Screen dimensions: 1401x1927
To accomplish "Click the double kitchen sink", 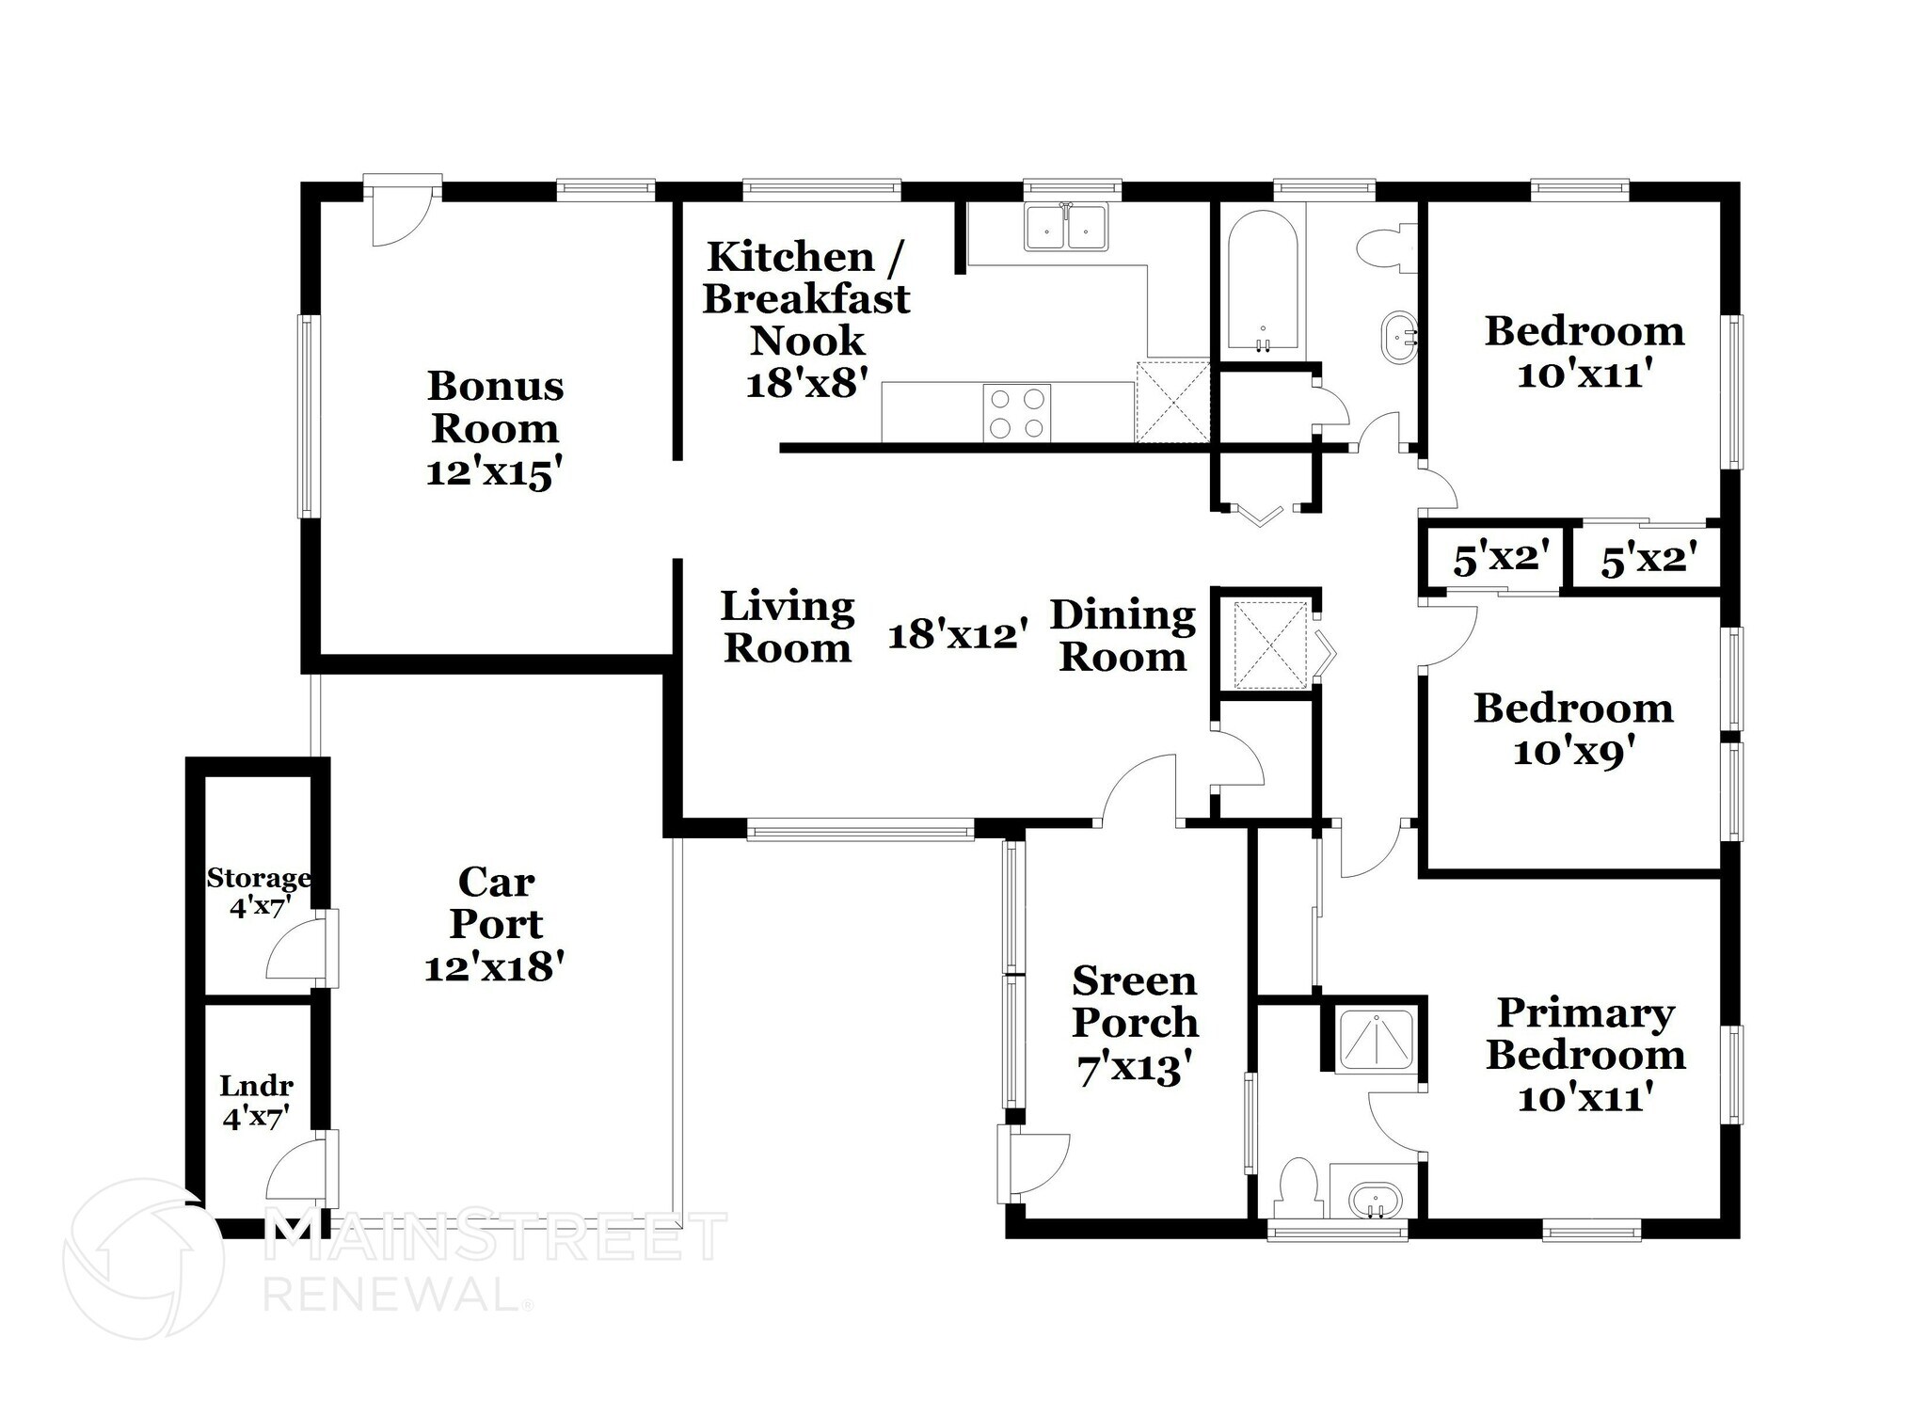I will (x=1067, y=227).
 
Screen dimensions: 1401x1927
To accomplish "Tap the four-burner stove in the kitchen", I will (x=1017, y=412).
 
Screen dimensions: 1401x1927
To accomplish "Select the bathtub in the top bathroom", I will (x=1261, y=282).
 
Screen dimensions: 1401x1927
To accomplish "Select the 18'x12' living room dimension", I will (x=958, y=635).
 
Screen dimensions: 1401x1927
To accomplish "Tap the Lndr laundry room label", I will (x=256, y=1101).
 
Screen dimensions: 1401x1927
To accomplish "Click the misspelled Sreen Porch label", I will (x=1135, y=1001).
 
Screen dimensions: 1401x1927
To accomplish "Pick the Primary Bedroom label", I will (x=1585, y=1033).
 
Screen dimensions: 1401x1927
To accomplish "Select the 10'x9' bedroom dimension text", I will (x=1572, y=753).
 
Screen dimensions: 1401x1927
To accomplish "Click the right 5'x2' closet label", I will (x=1648, y=562).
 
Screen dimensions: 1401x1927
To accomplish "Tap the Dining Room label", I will (x=1123, y=635).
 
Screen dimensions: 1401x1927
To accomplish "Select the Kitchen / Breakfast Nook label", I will (x=805, y=298).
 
